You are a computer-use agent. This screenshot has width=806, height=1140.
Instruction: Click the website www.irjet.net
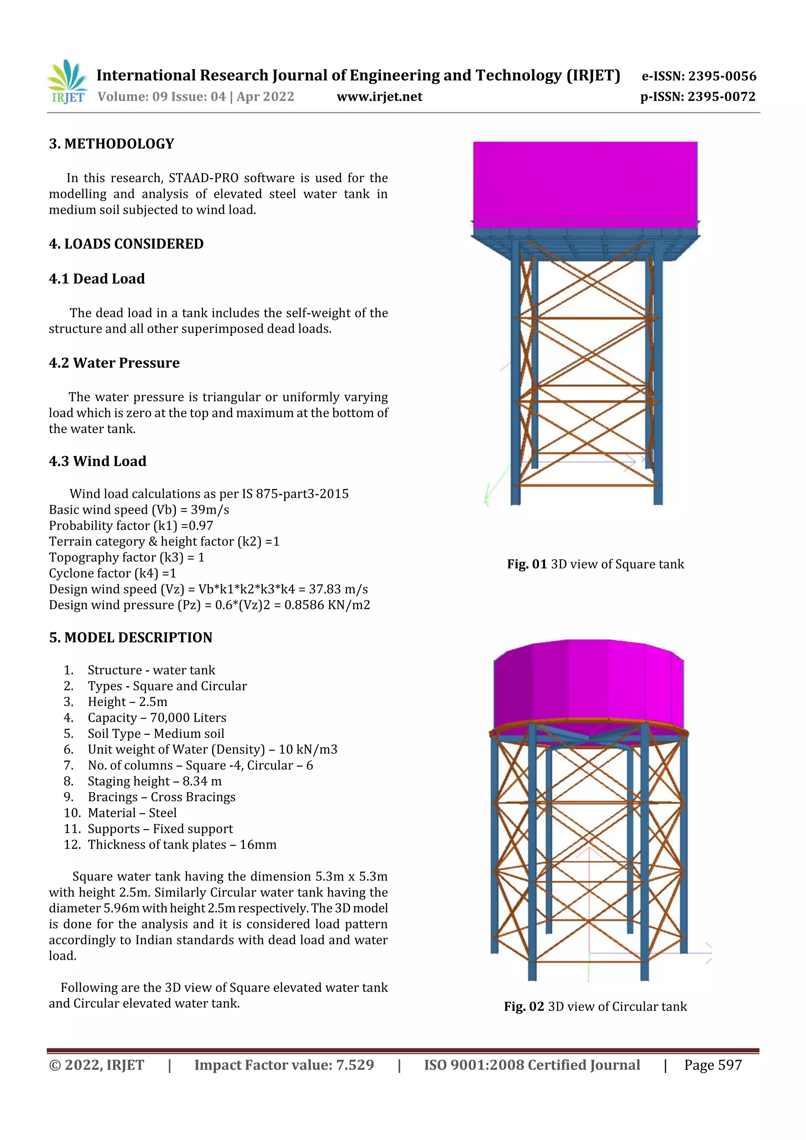tap(379, 97)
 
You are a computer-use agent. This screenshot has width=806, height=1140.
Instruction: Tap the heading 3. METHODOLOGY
tap(112, 144)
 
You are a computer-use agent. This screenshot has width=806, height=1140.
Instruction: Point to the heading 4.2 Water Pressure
tap(114, 363)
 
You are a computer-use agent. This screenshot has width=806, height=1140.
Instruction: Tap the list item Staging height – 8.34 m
tap(154, 782)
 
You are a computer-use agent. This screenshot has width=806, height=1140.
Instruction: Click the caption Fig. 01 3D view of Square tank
tap(595, 565)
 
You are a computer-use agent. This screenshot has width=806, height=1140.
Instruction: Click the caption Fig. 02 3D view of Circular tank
tap(595, 1007)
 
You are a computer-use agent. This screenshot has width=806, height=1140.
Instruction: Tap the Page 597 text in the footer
tap(713, 1065)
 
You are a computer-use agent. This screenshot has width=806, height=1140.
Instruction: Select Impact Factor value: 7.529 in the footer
tap(284, 1065)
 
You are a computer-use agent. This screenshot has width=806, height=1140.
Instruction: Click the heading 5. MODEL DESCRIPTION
tap(131, 638)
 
